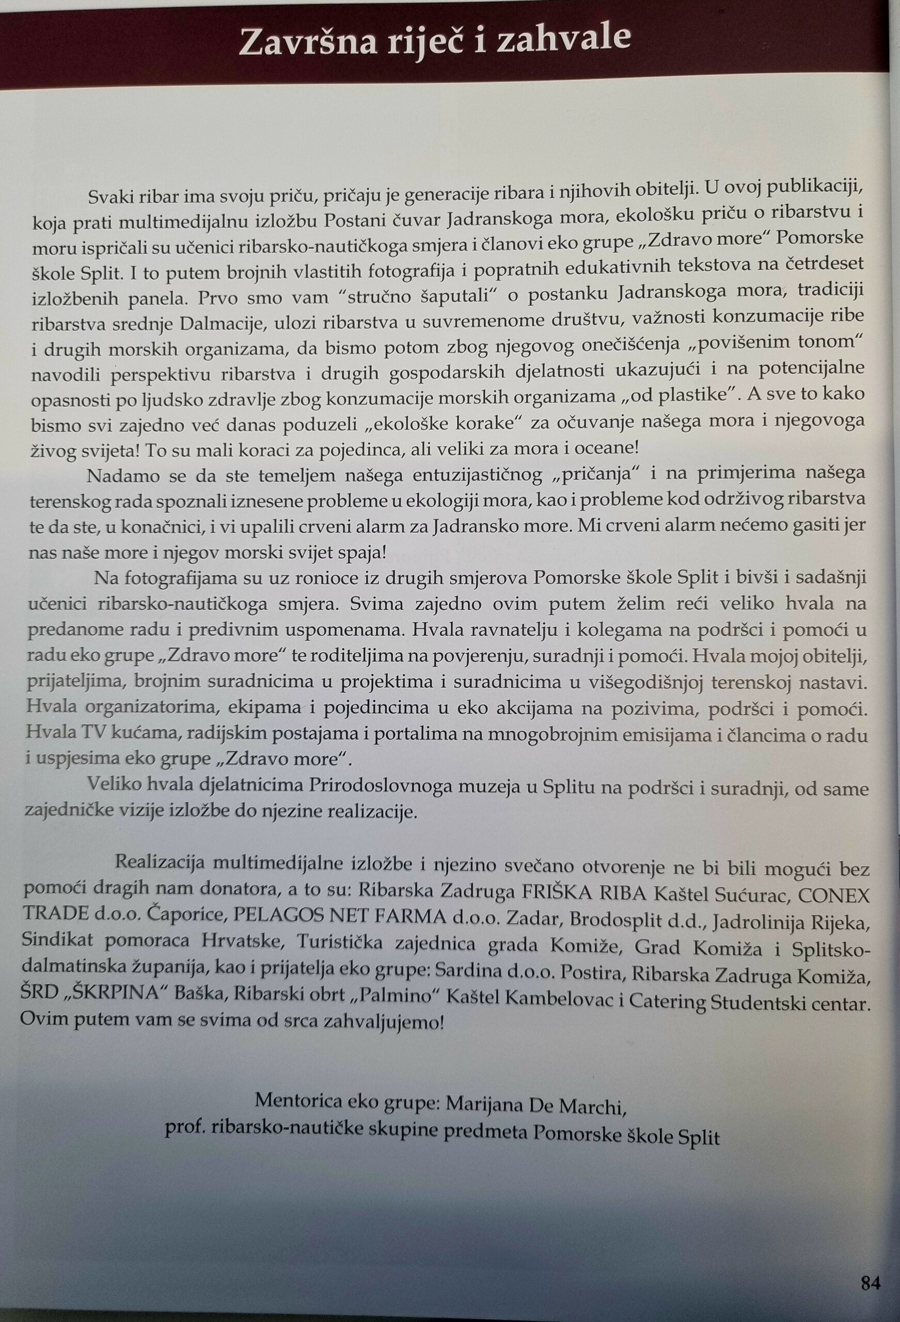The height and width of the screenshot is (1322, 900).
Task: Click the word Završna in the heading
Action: [x=308, y=43]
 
